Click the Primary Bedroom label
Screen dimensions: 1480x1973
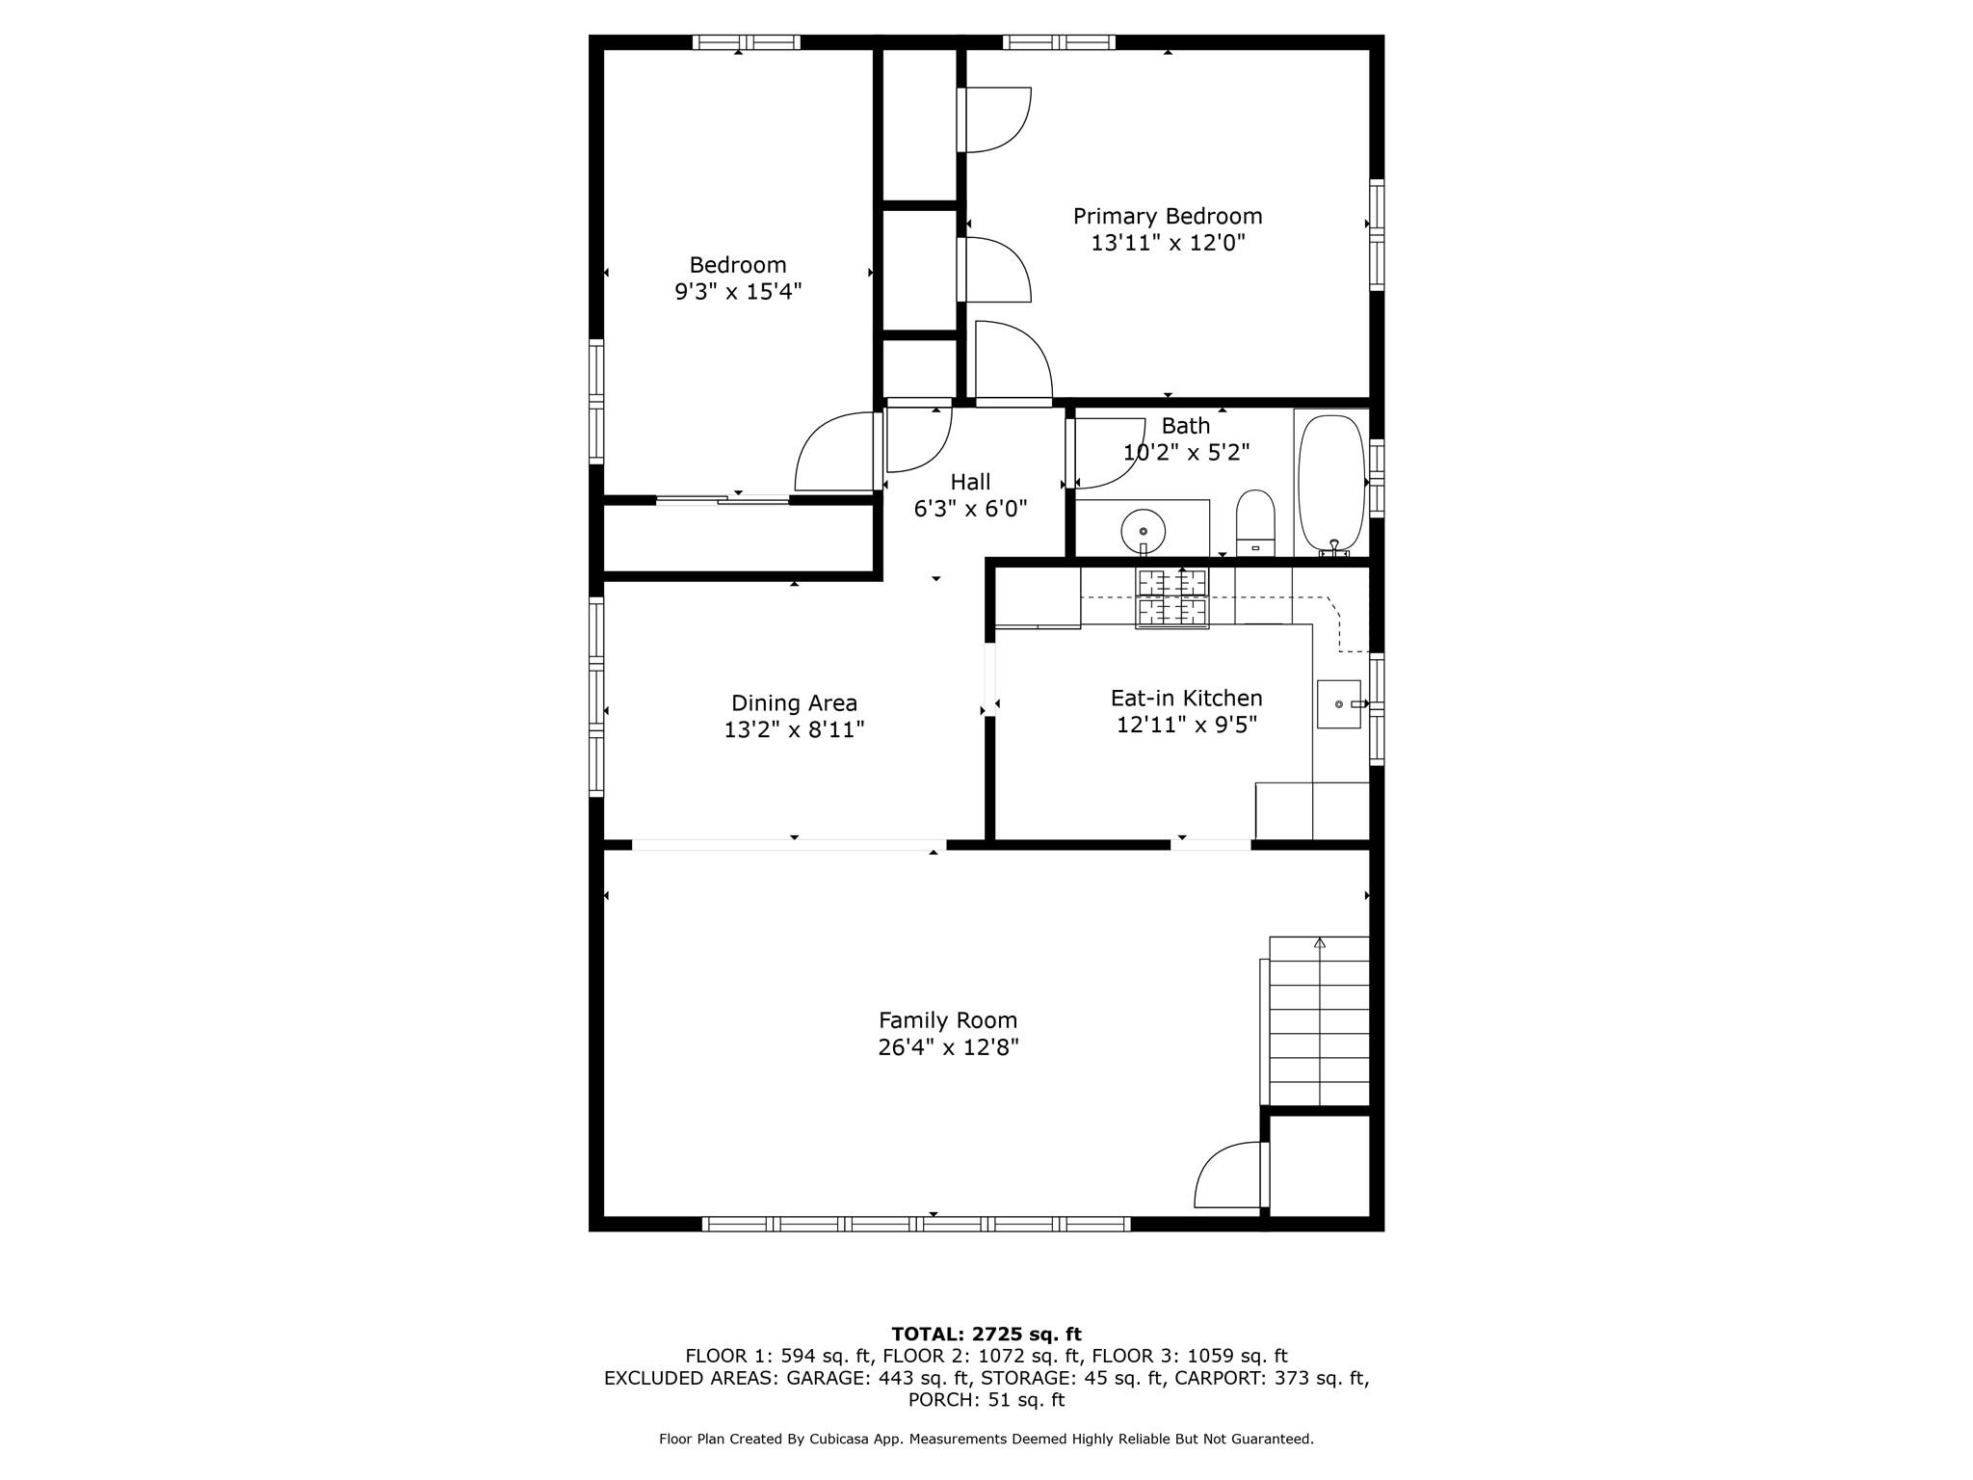(x=1168, y=216)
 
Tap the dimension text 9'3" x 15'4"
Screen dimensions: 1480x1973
(x=738, y=292)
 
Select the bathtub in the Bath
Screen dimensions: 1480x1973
(x=1331, y=482)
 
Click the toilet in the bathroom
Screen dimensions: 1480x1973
(x=1255, y=523)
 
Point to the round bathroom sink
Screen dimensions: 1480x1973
(x=1144, y=531)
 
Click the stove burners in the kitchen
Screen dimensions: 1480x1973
(x=1172, y=597)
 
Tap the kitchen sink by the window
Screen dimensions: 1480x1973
(x=1339, y=704)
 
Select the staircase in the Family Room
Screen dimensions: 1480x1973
(x=1319, y=1021)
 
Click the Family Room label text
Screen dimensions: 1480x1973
(x=948, y=1020)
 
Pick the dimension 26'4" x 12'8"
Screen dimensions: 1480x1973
(x=948, y=1047)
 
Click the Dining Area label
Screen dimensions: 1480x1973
(x=794, y=703)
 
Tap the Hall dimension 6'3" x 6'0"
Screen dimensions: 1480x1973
(x=970, y=509)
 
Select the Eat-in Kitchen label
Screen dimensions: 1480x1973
(x=1186, y=698)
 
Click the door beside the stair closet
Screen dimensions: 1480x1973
(x=1228, y=1176)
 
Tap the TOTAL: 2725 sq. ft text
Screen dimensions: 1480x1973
(x=986, y=1335)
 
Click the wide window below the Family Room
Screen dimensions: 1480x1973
(x=916, y=1225)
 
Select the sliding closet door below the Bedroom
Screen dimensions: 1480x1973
(x=723, y=499)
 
